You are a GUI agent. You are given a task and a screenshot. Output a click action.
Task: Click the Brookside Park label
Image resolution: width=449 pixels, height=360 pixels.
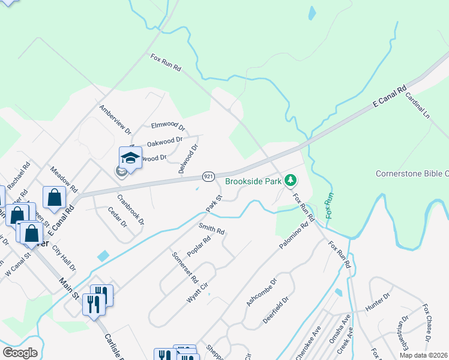pyautogui.click(x=253, y=181)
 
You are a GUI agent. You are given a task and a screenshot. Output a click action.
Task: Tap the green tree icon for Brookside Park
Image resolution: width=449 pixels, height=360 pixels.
pyautogui.click(x=291, y=180)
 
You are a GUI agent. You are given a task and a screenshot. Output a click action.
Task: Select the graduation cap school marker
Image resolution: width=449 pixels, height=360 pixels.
pyautogui.click(x=130, y=158)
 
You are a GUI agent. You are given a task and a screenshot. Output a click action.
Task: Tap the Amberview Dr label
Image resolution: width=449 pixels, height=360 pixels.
pyautogui.click(x=115, y=118)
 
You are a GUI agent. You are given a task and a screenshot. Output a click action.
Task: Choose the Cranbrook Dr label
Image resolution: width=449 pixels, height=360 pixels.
pyautogui.click(x=130, y=209)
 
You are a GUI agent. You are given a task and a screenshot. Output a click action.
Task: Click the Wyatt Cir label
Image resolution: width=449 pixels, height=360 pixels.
pyautogui.click(x=196, y=293)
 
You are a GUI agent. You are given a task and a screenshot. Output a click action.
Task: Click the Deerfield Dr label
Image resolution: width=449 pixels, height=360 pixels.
pyautogui.click(x=277, y=310)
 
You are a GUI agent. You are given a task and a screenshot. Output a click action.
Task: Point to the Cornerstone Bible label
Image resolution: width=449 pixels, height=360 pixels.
pyautogui.click(x=412, y=174)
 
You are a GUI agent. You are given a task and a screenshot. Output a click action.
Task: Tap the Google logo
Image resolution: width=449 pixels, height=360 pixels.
pyautogui.click(x=20, y=353)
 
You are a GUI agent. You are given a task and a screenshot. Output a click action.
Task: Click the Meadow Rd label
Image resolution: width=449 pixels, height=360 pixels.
pyautogui.click(x=64, y=179)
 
